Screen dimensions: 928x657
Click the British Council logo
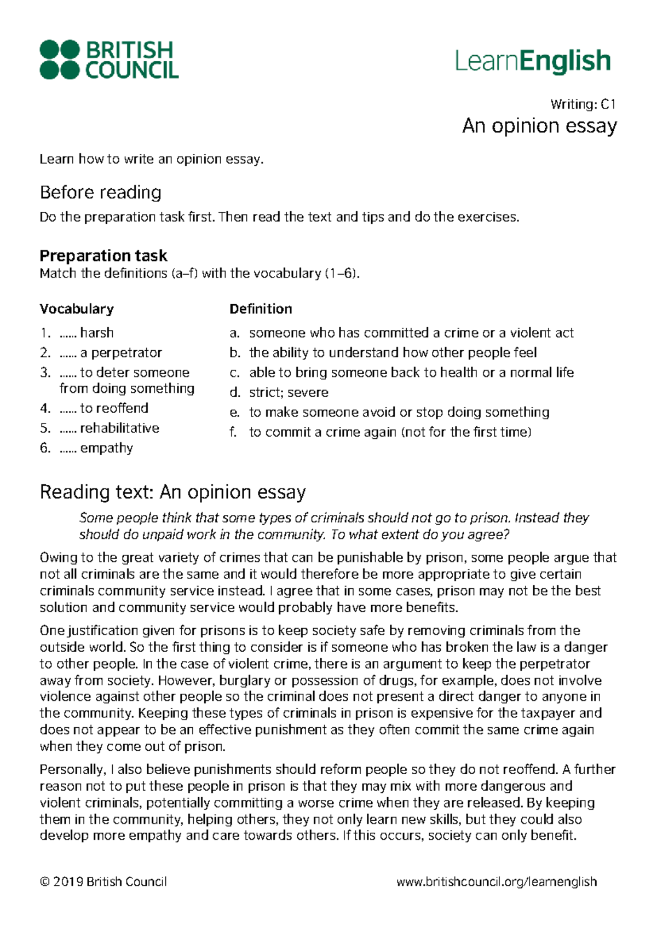coord(109,59)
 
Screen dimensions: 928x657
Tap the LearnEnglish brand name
coord(532,60)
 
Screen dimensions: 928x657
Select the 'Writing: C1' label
coord(583,104)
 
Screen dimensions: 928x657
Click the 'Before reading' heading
coord(101,193)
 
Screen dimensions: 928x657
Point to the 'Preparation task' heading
coord(103,256)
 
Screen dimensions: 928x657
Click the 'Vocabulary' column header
coord(77,309)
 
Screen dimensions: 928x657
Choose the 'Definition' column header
coord(261,309)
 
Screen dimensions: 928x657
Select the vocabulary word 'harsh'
coord(97,333)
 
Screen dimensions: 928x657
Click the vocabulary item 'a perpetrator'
coord(120,353)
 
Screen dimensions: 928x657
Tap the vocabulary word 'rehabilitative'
coord(119,428)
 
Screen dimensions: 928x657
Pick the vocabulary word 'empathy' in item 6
coord(106,448)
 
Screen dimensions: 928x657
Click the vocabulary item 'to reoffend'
coord(114,408)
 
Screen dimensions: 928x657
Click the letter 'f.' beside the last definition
coord(233,432)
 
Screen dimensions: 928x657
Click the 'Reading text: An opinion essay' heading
coord(172,492)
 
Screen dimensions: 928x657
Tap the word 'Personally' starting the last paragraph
coord(71,770)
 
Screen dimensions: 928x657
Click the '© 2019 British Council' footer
coord(103,882)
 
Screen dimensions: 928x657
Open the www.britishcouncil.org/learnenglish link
coord(497,882)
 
